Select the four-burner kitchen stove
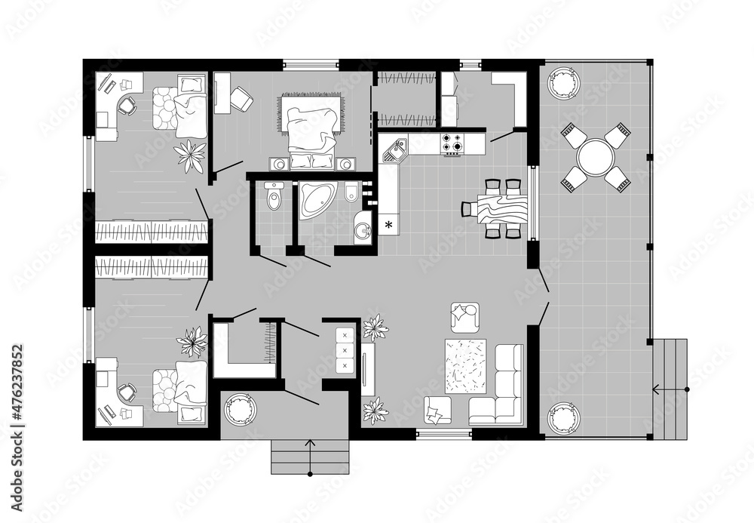click(x=452, y=143)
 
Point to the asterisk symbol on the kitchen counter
click(x=389, y=224)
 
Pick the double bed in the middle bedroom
click(x=310, y=128)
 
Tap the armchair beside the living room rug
click(x=465, y=316)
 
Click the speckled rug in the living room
click(x=466, y=366)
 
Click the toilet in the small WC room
click(x=274, y=198)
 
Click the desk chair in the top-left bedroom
click(x=126, y=105)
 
